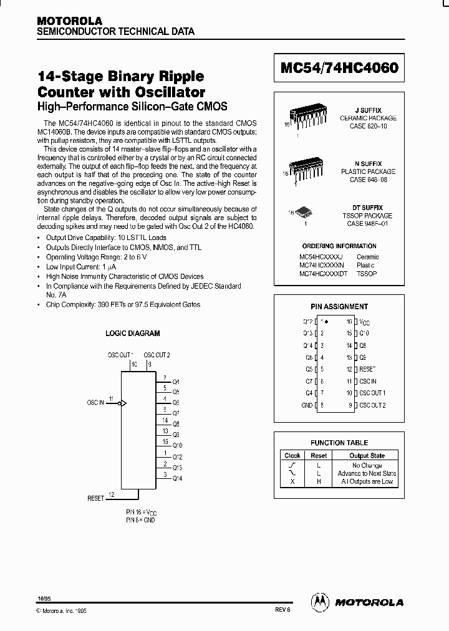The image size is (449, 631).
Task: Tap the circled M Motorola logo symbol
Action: (x=320, y=602)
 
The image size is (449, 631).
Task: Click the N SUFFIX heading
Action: (x=368, y=163)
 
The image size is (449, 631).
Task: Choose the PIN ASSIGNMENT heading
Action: (x=339, y=307)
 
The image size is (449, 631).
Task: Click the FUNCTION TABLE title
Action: (x=339, y=443)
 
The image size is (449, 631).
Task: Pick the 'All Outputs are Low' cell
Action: (x=366, y=481)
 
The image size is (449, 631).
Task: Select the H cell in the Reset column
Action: (x=319, y=481)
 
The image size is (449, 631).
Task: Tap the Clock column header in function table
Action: (x=292, y=455)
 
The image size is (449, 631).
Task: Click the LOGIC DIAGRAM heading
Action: (x=132, y=334)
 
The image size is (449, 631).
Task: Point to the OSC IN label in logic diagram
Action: (x=95, y=403)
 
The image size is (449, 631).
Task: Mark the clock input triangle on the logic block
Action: (x=124, y=403)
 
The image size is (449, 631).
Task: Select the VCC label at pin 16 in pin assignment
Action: (x=365, y=322)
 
